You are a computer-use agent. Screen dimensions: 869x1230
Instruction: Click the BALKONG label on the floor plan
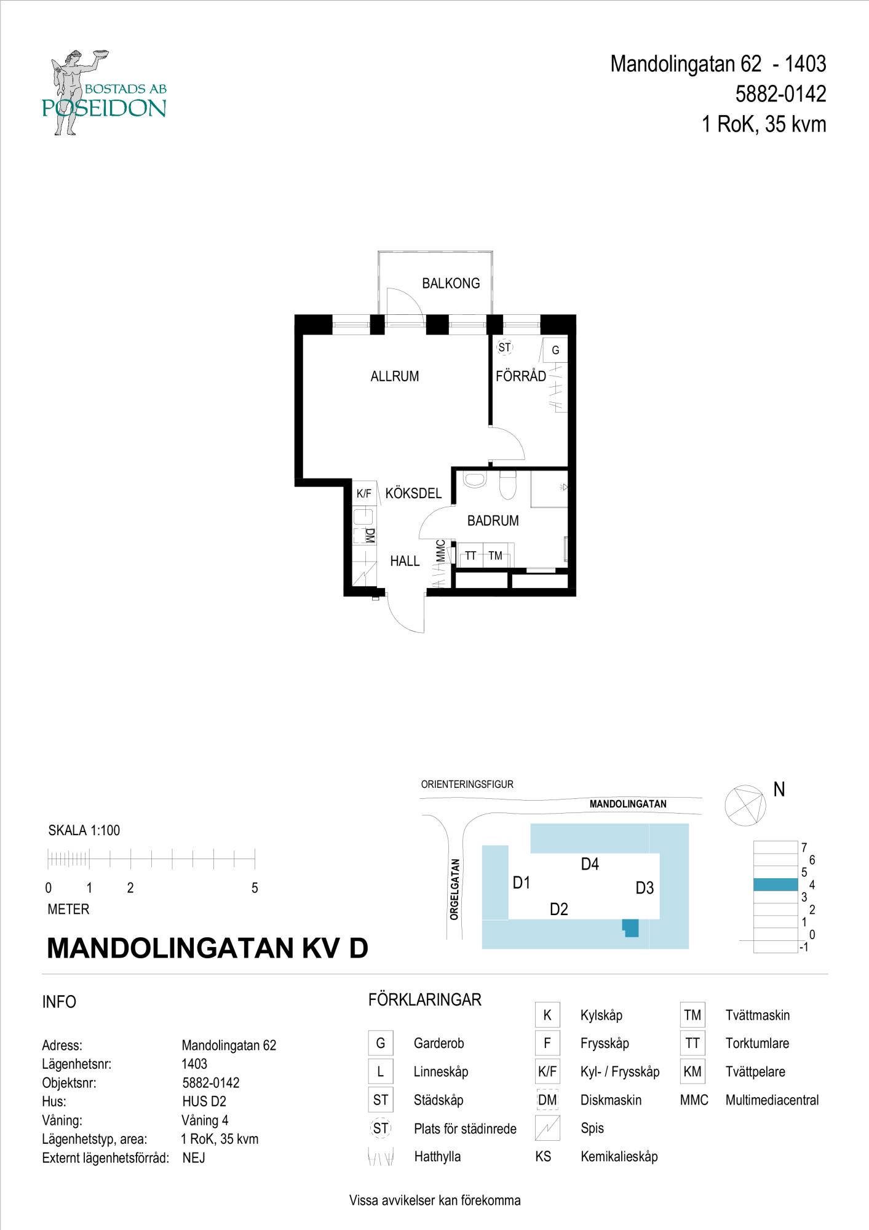coord(451,284)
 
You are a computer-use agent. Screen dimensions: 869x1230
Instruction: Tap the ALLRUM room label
coord(395,376)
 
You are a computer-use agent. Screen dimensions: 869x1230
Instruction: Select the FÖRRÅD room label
coord(521,376)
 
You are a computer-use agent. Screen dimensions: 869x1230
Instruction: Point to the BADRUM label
coord(493,521)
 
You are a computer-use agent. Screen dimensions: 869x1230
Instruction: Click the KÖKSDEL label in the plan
coord(413,493)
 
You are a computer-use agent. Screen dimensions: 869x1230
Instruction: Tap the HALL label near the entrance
coord(405,561)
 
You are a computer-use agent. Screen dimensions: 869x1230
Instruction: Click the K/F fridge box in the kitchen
coord(364,493)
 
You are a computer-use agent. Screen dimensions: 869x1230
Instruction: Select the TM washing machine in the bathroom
coord(496,556)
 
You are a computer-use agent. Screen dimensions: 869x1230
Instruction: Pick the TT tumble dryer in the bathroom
coord(470,556)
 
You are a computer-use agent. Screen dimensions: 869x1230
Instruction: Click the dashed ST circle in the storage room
coord(504,348)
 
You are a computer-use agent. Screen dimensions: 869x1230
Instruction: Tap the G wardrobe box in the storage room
coord(555,351)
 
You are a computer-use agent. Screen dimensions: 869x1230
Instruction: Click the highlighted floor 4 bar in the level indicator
coord(776,884)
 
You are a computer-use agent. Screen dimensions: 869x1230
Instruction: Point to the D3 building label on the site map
coord(645,888)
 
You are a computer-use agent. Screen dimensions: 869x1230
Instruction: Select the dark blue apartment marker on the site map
coord(630,928)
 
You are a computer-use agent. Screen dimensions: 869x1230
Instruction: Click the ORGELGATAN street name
coord(454,889)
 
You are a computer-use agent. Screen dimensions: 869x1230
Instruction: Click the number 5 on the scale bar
coord(255,888)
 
